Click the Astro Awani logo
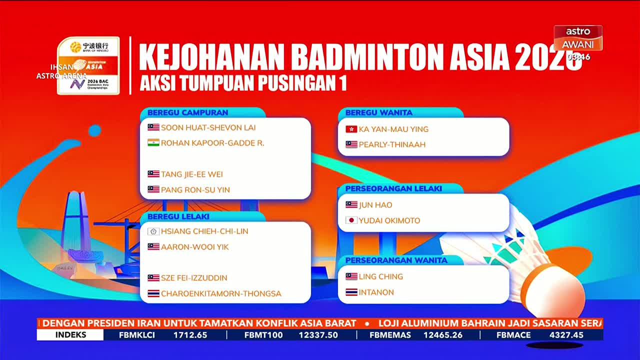pos(577,38)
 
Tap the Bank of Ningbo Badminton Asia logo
pos(88,65)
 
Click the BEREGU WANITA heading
pos(378,112)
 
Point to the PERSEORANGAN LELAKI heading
pos(393,188)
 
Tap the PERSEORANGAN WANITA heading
pos(396,260)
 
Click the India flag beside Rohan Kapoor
pos(153,142)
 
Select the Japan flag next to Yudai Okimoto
pos(351,220)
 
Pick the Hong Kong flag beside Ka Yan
pos(351,129)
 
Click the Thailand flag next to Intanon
pos(351,292)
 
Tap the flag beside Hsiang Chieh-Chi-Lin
pos(153,231)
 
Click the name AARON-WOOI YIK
pos(194,247)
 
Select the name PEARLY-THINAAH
pos(392,144)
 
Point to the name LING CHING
pos(380,276)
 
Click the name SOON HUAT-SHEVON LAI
pos(208,127)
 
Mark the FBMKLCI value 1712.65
pos(190,335)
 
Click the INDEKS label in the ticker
pos(70,335)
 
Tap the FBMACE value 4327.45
pos(566,335)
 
